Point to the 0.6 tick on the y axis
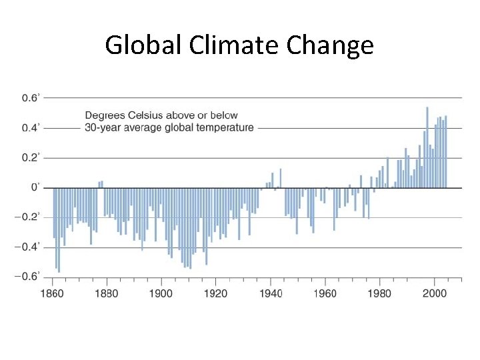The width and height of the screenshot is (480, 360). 31,98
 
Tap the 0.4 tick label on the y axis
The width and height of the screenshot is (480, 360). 31,127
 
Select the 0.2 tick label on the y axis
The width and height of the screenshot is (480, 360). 31,157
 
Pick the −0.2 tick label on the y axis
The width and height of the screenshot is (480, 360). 29,217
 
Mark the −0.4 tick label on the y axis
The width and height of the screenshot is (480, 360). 29,247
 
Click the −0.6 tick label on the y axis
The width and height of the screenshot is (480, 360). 29,276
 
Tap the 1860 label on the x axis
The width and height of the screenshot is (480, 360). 53,293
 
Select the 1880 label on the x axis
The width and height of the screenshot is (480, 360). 107,293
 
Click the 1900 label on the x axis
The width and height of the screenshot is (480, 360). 161,293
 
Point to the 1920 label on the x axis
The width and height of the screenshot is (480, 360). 216,293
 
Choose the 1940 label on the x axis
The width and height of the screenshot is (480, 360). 271,293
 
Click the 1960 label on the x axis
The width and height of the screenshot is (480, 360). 325,293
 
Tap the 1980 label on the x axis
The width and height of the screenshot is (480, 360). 380,293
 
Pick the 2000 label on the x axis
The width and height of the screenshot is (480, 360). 435,293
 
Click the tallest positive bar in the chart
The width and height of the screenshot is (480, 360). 427,147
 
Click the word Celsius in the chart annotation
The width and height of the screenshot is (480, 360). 146,116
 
